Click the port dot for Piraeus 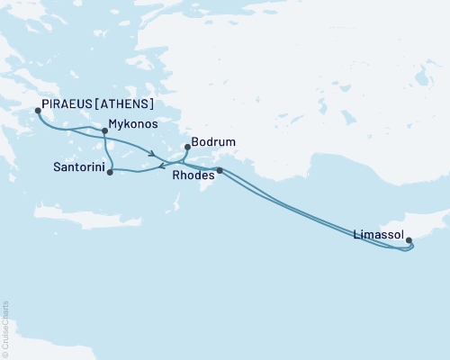coord(38,112)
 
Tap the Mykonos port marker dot coord(105,130)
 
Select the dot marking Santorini coord(110,172)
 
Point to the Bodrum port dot coord(186,147)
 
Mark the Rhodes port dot coord(220,170)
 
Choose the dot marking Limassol coord(409,240)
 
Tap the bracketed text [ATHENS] coord(131,102)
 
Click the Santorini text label coord(76,168)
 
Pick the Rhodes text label coord(193,177)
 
